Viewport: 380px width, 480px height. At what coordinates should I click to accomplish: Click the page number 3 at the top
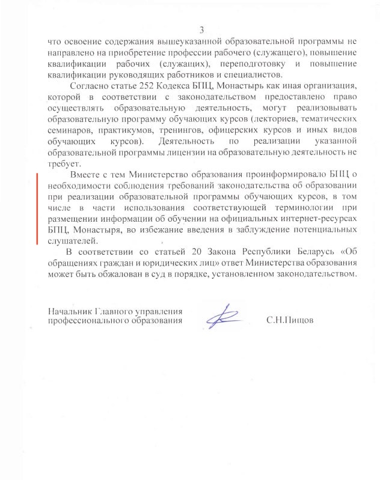click(202, 30)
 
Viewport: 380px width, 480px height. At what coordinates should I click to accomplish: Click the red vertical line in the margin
click(38, 207)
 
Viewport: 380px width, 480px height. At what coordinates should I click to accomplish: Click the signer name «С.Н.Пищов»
click(290, 321)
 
